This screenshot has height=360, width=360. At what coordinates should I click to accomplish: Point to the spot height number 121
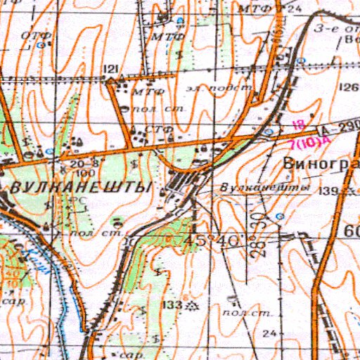tap(110, 68)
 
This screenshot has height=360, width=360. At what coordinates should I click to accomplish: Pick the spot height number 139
tap(328, 191)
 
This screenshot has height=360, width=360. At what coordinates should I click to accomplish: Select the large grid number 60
tap(351, 231)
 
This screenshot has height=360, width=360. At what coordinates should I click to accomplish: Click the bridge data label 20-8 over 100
tap(82, 167)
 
